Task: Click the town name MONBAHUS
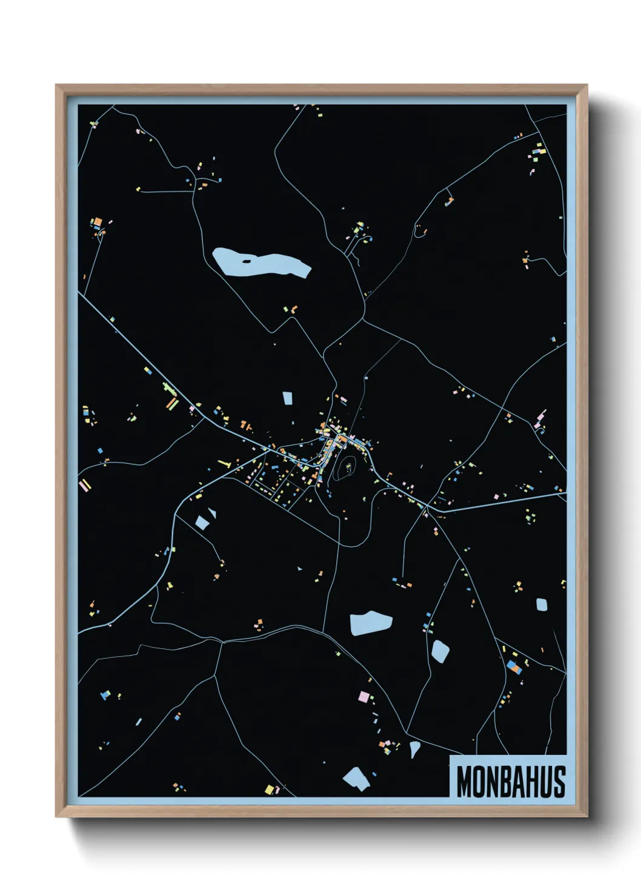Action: (x=511, y=782)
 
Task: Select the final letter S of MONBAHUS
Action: (x=559, y=782)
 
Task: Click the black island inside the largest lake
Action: (x=246, y=262)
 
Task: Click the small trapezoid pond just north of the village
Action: (x=288, y=398)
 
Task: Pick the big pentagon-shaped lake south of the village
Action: (x=370, y=624)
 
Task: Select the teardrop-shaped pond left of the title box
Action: (x=414, y=748)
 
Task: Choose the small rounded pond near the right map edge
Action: (x=542, y=604)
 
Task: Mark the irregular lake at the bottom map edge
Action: (x=356, y=779)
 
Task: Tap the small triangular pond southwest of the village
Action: (x=212, y=513)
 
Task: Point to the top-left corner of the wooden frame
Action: (x=57, y=85)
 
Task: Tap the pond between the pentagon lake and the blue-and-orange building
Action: (x=440, y=651)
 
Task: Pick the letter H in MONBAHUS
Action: (x=533, y=782)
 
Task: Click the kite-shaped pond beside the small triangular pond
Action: (x=201, y=522)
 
